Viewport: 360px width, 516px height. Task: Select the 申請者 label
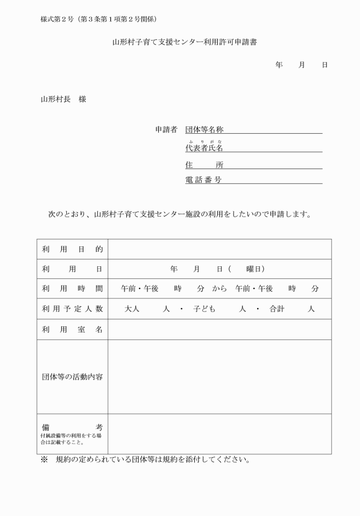coord(166,130)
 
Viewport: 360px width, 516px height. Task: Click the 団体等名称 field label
coord(204,130)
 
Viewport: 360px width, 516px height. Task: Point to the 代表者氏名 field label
coord(204,148)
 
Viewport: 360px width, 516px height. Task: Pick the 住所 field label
coord(204,165)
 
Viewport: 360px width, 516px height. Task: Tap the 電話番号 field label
coord(204,179)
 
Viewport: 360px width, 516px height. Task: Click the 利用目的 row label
coord(72,249)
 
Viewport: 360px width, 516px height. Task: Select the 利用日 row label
coord(72,269)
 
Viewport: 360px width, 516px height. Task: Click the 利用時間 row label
coord(72,289)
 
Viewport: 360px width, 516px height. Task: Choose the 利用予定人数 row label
coord(72,309)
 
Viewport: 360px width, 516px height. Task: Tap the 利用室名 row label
coord(72,330)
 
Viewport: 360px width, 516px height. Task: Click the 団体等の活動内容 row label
coord(72,377)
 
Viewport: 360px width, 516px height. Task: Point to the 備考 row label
coord(72,427)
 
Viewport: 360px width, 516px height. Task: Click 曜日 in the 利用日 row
coord(253,269)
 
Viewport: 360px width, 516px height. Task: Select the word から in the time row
coord(220,289)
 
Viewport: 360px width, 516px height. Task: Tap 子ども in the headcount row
coord(204,309)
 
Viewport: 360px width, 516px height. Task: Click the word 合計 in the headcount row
coord(278,309)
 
